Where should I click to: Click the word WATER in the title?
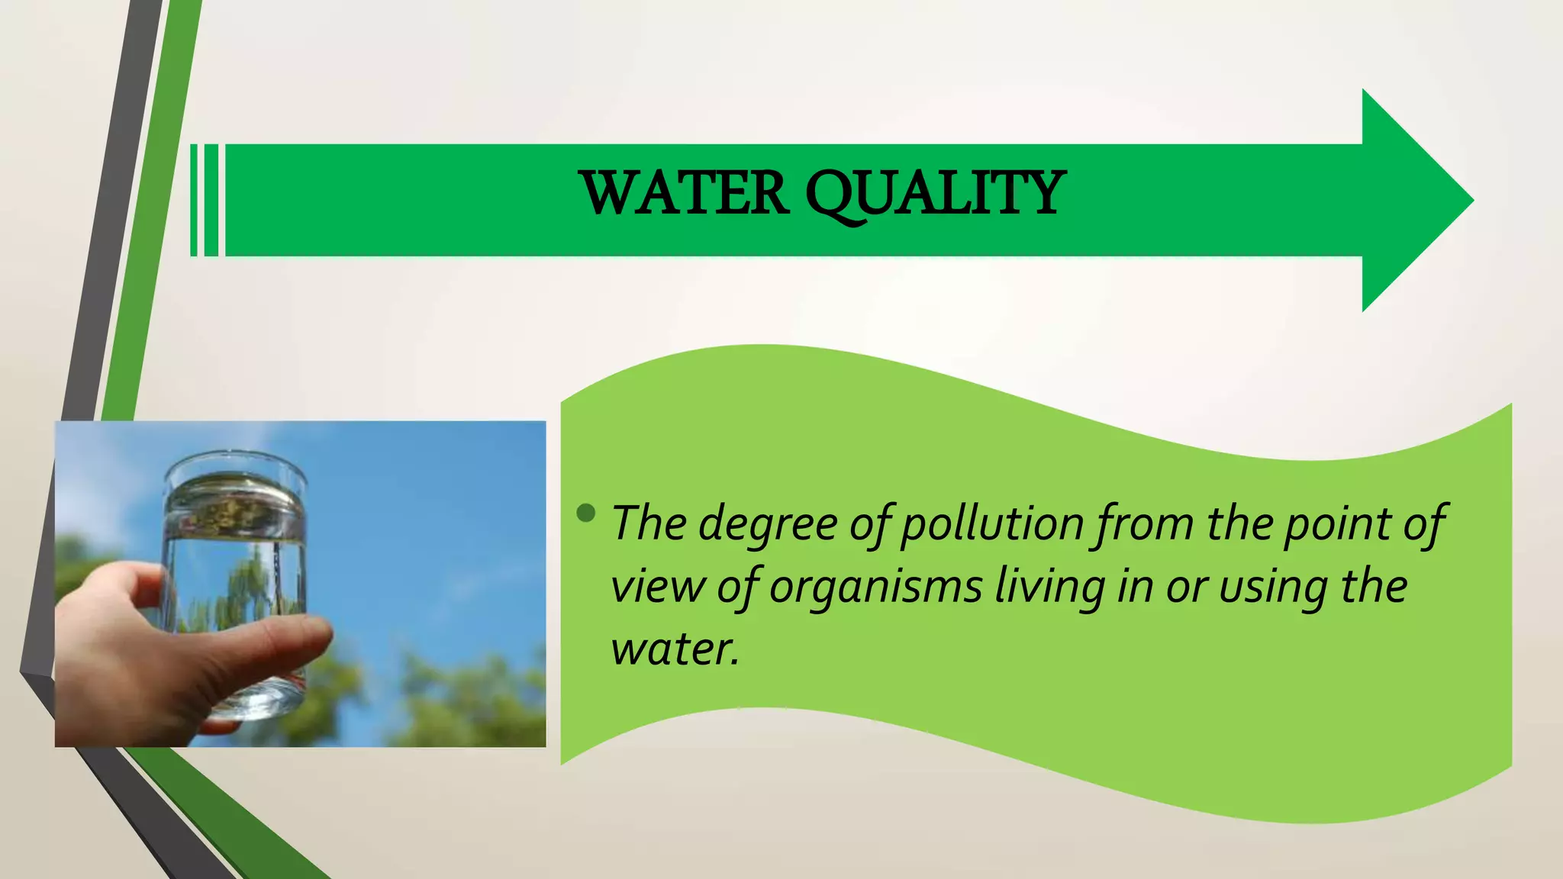coord(684,193)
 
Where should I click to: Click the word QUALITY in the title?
coord(936,195)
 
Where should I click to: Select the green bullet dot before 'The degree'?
coord(586,513)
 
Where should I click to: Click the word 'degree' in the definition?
coord(768,525)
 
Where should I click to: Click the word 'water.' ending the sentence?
coord(675,649)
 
